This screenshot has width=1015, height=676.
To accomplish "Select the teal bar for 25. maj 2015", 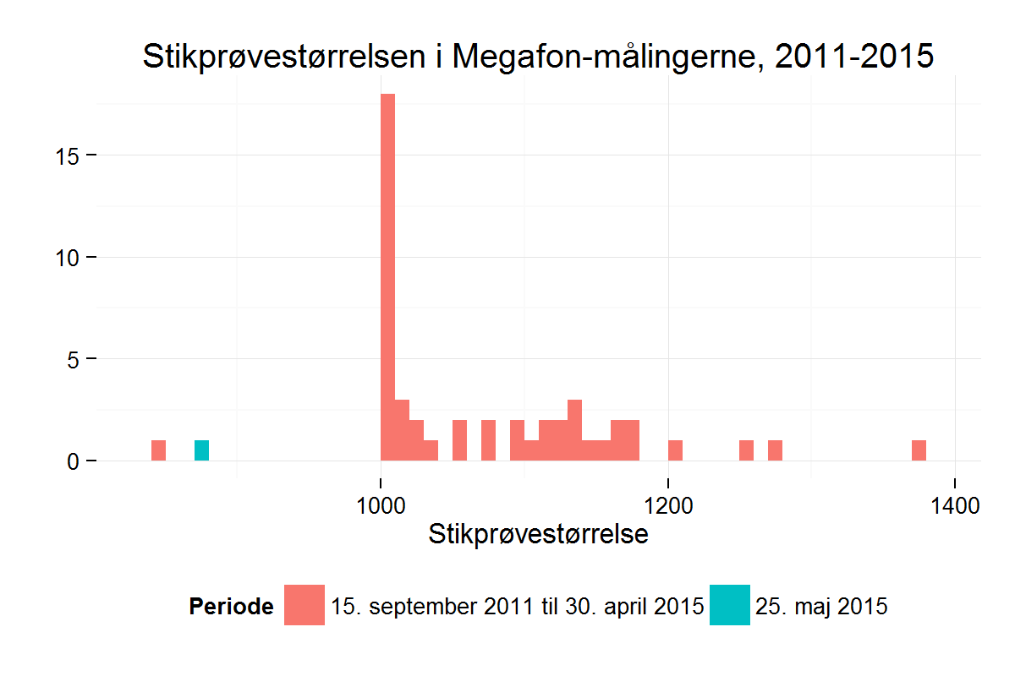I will pos(201,450).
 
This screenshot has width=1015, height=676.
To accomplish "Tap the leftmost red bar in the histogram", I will pos(158,450).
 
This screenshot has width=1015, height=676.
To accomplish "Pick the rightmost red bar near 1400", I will pos(919,450).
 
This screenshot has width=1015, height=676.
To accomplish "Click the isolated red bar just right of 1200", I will pos(675,450).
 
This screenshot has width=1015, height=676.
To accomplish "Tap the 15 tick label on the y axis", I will pos(69,156).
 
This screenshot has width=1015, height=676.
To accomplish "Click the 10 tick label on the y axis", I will pos(69,258).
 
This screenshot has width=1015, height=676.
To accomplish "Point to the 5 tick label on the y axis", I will pos(74,359).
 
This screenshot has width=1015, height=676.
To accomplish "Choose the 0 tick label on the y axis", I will pos(74,461).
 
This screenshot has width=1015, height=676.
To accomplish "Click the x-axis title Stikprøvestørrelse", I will pos(538,535).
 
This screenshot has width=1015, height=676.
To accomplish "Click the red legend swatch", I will pos(304,605).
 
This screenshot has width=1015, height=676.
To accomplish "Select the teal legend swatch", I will pos(729,605).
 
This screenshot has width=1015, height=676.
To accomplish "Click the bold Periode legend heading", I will pos(231,606).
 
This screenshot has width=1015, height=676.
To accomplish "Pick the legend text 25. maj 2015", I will pos(820,606).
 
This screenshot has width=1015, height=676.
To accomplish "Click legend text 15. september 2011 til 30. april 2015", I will pos(518,606).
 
